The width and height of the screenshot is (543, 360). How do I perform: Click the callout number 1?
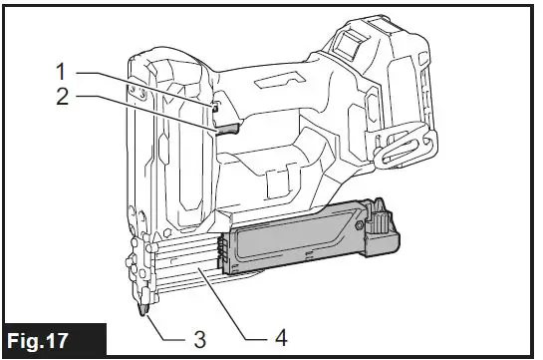point(60,73)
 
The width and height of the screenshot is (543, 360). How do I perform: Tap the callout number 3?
point(199,340)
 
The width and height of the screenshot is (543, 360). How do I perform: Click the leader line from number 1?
point(139,86)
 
